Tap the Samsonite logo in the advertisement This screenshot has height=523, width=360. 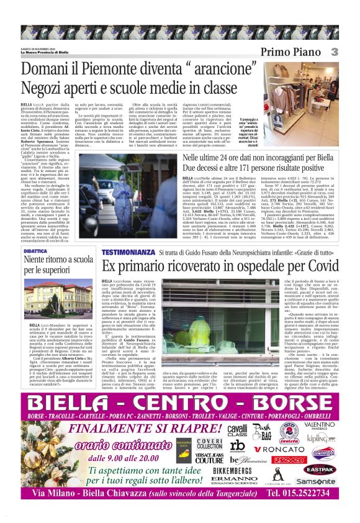[x=316, y=481]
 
